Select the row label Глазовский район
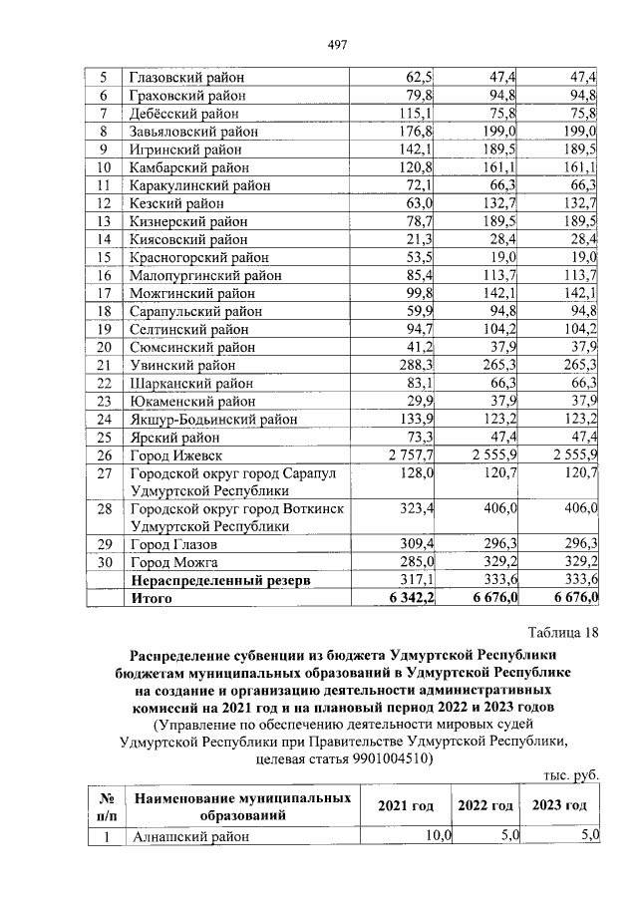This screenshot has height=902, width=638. coord(187,78)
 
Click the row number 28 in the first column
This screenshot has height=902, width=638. coord(103,509)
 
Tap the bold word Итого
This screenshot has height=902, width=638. coord(152,599)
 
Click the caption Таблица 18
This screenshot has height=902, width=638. coord(559,634)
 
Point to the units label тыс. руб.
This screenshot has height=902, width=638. coord(570,774)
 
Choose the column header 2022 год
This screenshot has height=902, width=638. coord(484,805)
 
